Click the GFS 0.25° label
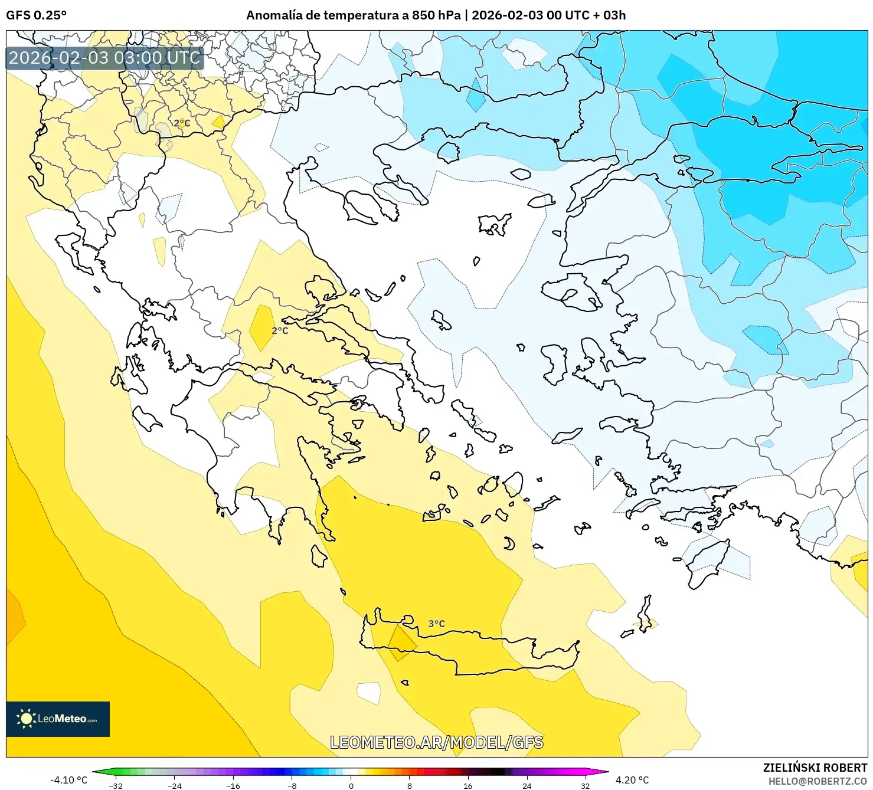point(36,15)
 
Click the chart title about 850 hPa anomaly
point(436,15)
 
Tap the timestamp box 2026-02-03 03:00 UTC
point(104,58)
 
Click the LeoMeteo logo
point(58,719)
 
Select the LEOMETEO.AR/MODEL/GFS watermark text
point(436,742)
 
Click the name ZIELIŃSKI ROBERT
point(815,768)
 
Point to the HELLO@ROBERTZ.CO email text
point(817,781)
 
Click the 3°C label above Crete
point(436,624)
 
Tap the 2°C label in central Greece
point(280,330)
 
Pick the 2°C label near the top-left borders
point(182,123)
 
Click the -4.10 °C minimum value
point(68,780)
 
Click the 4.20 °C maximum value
point(632,780)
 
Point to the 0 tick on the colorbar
point(351,785)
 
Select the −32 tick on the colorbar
point(116,785)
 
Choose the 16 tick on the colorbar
point(467,785)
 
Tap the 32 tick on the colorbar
point(585,785)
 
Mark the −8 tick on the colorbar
point(292,785)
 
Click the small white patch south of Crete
point(369,693)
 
